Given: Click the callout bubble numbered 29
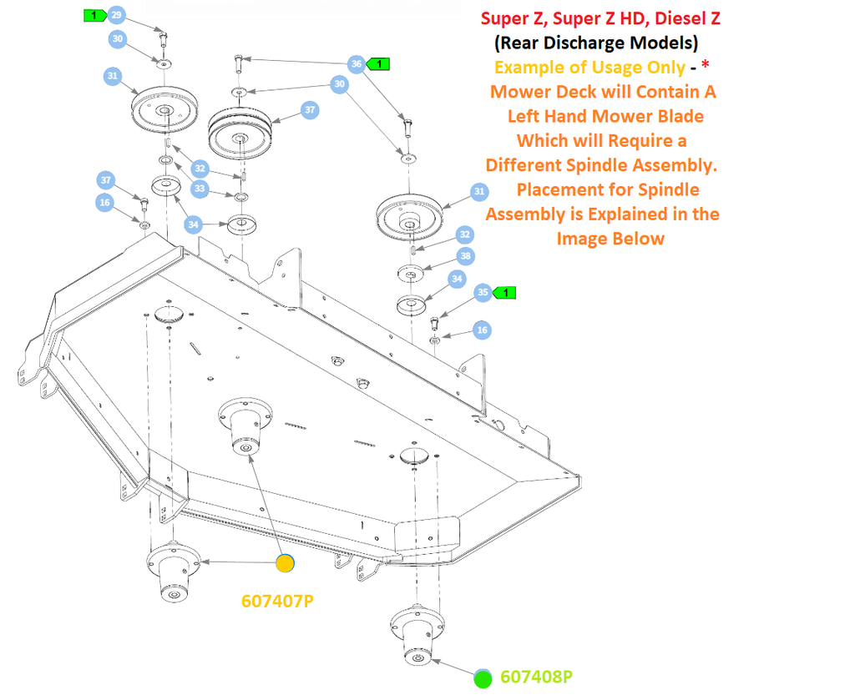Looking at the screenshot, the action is (x=116, y=15).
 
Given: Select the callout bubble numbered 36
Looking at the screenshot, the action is (x=357, y=63).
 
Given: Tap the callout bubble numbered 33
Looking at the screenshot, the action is (x=200, y=189).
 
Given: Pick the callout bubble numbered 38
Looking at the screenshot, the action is (x=465, y=255).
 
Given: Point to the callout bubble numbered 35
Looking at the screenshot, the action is (x=483, y=293).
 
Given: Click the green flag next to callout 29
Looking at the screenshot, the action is (x=95, y=15).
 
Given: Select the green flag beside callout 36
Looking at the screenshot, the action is (x=378, y=64).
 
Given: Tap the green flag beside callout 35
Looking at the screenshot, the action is (x=503, y=293).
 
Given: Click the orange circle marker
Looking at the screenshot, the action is (x=286, y=563).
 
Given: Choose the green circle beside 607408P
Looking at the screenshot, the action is (x=483, y=679).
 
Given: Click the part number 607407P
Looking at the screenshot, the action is (x=277, y=601).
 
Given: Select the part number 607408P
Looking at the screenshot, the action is (x=537, y=677).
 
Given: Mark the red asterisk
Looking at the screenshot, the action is (x=705, y=66).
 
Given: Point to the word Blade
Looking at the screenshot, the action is (x=681, y=116).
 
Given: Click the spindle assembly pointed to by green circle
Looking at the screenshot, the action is (x=417, y=635).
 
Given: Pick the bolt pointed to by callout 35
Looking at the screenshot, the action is (x=435, y=323).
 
